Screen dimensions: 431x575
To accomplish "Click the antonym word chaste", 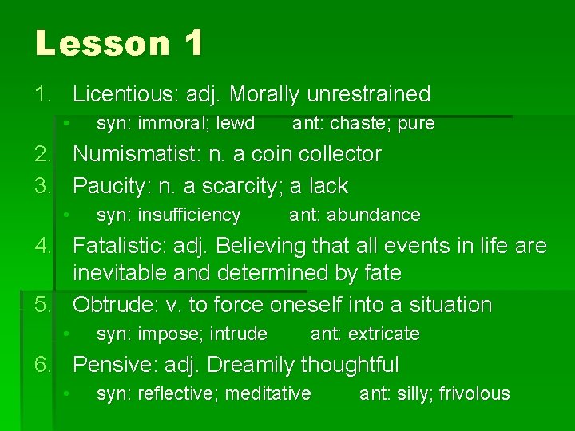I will click(x=359, y=124).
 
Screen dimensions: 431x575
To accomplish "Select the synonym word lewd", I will click(x=236, y=124).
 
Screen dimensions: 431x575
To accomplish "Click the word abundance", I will click(x=374, y=215).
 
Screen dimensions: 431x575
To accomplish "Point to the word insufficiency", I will click(x=189, y=215).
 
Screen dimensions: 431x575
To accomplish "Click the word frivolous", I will click(x=474, y=393).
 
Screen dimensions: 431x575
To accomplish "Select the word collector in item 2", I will click(x=333, y=154).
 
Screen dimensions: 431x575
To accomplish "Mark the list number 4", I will click(x=42, y=246).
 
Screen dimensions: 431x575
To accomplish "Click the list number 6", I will click(x=42, y=365).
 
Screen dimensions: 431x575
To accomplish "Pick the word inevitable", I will click(x=120, y=273).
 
